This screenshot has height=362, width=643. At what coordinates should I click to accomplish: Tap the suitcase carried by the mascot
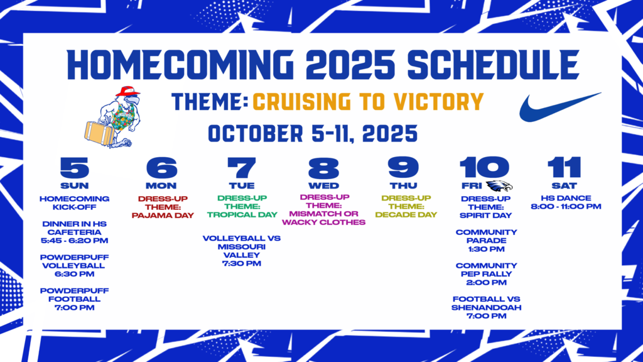(99, 133)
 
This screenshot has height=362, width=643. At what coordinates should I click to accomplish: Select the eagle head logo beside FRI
(499, 186)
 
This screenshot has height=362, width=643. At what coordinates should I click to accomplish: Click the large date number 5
(74, 167)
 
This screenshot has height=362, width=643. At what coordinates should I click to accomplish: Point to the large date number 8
(323, 167)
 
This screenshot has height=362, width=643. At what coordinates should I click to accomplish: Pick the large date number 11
(565, 167)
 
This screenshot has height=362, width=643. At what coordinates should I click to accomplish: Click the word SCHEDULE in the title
(494, 65)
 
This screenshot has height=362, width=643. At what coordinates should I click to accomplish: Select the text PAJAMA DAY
(163, 216)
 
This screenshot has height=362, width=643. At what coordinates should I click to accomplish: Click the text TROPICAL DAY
(242, 215)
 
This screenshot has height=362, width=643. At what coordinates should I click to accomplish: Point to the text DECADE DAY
(406, 215)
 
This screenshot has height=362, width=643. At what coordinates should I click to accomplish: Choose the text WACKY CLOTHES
(323, 222)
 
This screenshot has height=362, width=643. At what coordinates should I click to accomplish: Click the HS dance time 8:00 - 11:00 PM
(566, 206)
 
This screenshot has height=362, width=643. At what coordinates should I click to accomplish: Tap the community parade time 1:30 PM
(486, 249)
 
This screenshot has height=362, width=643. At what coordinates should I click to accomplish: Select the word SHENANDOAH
(487, 308)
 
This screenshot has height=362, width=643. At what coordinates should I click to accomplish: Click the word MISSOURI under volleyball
(242, 246)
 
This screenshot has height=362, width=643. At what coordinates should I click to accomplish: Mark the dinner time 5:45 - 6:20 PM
(74, 241)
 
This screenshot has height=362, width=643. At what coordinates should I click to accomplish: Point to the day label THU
(404, 185)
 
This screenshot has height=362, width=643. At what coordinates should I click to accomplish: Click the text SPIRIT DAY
(486, 216)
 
